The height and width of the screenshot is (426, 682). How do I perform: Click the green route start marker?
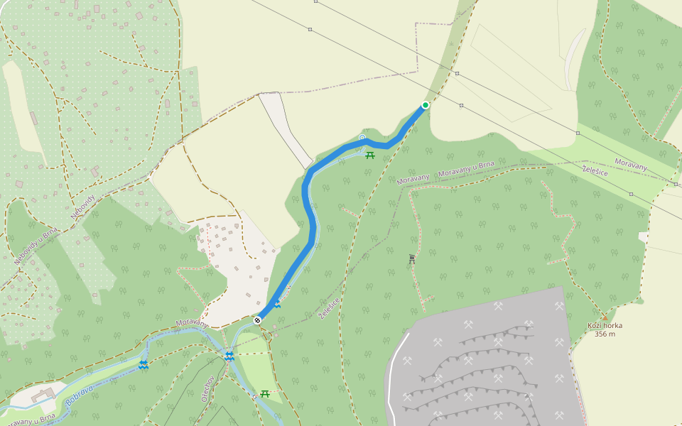[425, 105]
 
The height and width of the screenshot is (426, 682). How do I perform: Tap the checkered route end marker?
[257, 320]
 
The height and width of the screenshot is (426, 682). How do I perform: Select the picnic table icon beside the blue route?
[369, 154]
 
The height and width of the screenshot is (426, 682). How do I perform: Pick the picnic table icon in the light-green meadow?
[265, 393]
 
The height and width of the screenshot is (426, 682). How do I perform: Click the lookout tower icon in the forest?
[412, 260]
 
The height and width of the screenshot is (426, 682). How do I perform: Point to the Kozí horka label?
[605, 326]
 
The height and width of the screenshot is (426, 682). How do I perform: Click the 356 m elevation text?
[605, 334]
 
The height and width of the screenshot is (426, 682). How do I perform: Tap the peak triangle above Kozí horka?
[605, 317]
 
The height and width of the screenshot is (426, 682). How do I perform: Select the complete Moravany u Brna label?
[466, 170]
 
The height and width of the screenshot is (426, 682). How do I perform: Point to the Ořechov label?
[207, 387]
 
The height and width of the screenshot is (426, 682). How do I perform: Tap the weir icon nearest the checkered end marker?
[229, 356]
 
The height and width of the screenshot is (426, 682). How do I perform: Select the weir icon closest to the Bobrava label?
[144, 364]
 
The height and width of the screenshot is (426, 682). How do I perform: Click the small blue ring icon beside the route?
[362, 138]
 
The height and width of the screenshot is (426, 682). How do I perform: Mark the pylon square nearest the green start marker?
[461, 105]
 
